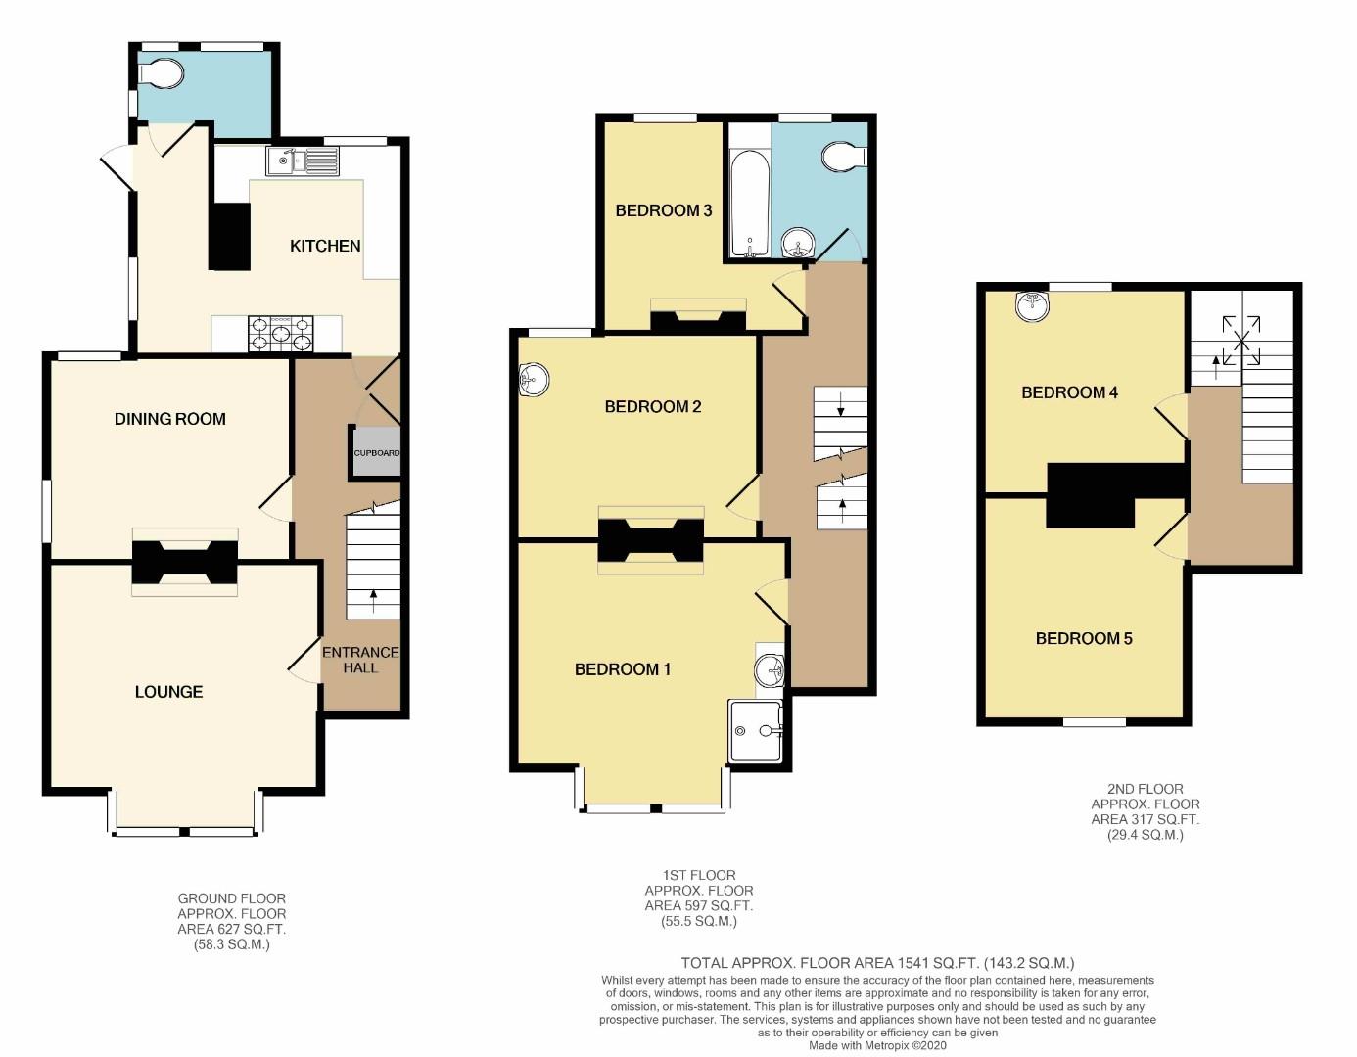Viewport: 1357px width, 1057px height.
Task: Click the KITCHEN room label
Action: coord(325,246)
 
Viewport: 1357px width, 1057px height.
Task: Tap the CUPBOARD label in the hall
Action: coord(377,452)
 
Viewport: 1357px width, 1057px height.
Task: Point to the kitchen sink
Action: coord(303,161)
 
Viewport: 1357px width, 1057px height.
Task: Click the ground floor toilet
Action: coord(162,73)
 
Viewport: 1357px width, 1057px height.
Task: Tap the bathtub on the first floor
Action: coord(749,204)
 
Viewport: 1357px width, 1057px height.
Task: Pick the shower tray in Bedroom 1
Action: coord(756,731)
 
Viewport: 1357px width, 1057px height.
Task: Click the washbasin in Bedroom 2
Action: coord(534,380)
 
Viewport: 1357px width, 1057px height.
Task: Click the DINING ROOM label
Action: coord(169,419)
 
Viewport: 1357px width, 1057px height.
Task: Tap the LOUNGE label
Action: coord(168,691)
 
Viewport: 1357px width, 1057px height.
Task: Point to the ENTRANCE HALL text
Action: coord(360,660)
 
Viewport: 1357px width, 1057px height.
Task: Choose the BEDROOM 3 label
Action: coord(664,210)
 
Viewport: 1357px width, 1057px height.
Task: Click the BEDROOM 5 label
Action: coord(1084,638)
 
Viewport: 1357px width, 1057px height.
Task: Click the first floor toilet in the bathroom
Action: coord(844,156)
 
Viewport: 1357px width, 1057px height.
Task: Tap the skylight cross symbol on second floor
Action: coord(1241,340)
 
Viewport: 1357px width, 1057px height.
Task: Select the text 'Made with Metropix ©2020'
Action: coord(877,1045)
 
